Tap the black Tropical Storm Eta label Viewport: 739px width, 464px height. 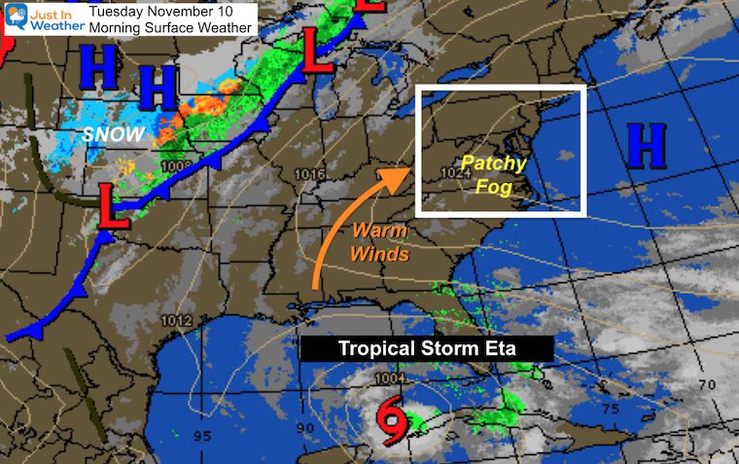(427, 348)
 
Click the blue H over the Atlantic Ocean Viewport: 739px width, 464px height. (647, 146)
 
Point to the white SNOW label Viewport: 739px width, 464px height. (113, 134)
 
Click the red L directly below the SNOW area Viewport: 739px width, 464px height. (113, 209)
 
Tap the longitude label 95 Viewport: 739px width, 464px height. (201, 436)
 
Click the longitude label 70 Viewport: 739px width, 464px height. (707, 385)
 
